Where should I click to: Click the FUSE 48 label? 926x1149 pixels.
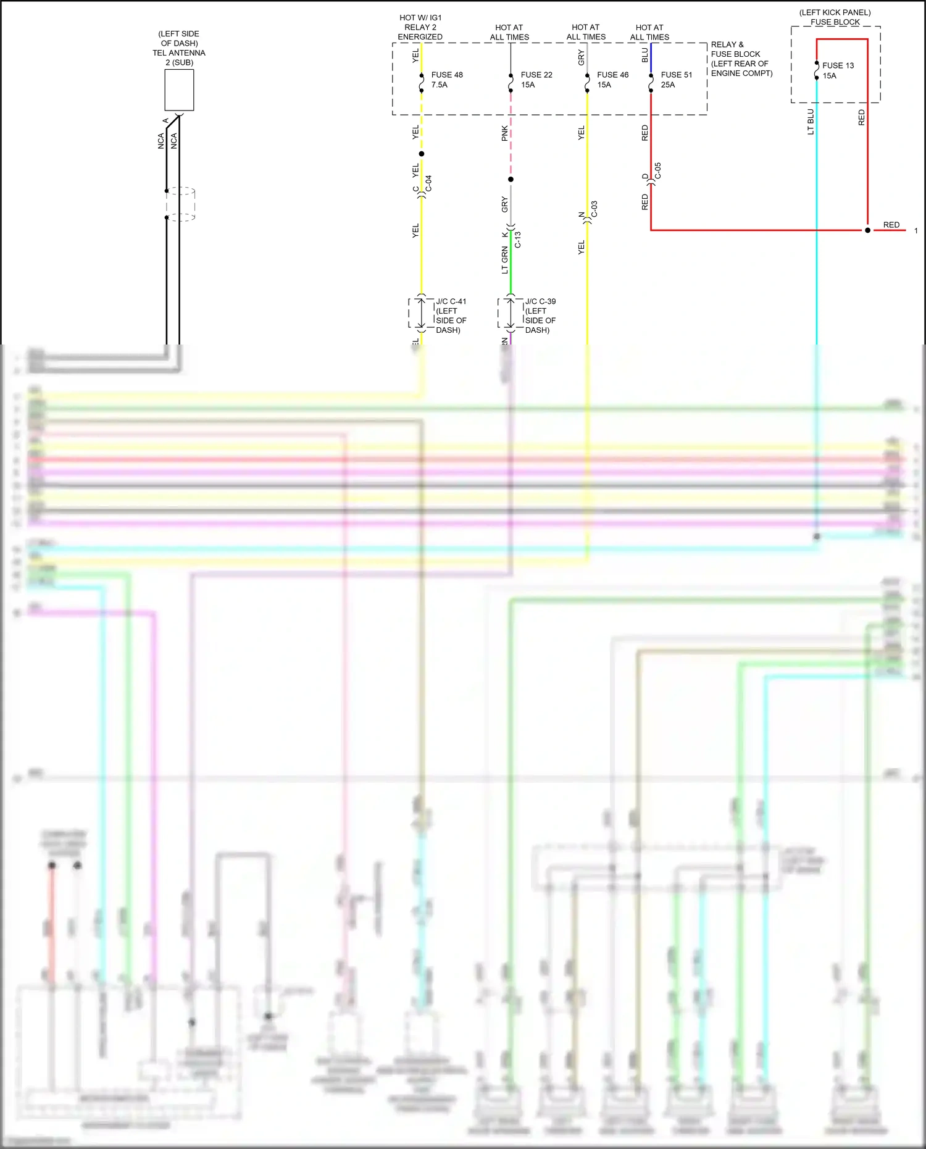coord(446,75)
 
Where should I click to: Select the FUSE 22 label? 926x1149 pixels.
coord(536,75)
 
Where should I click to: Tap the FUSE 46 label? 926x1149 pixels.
coord(612,75)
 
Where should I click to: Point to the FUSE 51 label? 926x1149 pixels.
coord(676,75)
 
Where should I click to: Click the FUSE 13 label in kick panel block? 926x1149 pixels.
coord(838,65)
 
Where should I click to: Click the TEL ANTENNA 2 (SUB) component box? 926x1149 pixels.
coord(179,90)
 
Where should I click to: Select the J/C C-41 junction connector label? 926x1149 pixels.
coord(451,302)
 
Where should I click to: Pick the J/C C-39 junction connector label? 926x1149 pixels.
coord(540,302)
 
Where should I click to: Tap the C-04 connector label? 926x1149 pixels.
coord(428,183)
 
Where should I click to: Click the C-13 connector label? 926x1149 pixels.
coord(517,240)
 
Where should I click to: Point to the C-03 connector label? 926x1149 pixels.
coord(594,209)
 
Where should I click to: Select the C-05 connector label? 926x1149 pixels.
coord(657,171)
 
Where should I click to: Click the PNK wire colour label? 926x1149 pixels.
coord(504,133)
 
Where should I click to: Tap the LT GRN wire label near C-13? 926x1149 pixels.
coord(504,260)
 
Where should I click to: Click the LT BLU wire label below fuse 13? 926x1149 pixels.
coord(811,122)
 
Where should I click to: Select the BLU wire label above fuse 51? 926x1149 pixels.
coord(644,55)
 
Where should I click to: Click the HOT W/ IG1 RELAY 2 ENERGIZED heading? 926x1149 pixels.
coord(420,27)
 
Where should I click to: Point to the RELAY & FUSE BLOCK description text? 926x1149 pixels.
coord(741,59)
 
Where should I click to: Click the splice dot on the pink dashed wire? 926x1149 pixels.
coord(511,180)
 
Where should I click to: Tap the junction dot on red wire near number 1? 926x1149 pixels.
coord(867,230)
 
